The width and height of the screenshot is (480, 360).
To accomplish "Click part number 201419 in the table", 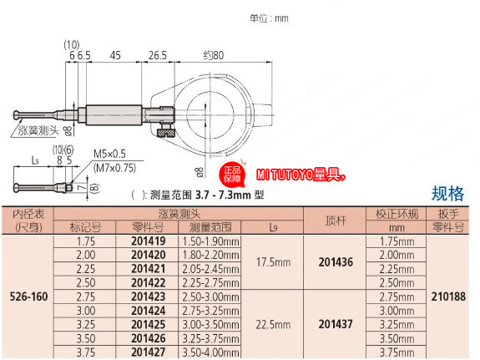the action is (148, 241).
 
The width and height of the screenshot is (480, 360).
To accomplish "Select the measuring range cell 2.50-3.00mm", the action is (210, 297).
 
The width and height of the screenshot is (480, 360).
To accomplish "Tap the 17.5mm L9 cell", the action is (273, 262).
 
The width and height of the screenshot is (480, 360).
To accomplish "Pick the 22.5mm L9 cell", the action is (273, 324).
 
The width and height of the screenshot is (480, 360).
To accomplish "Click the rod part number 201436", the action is (336, 262).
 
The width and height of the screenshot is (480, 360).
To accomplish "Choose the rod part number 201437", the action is (336, 324).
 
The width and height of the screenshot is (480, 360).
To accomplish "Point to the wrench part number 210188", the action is (448, 297).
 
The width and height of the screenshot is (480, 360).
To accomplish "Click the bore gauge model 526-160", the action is (28, 297).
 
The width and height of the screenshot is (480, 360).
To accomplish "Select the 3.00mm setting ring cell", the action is (397, 311).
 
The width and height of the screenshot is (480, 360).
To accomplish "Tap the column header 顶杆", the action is (336, 221).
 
